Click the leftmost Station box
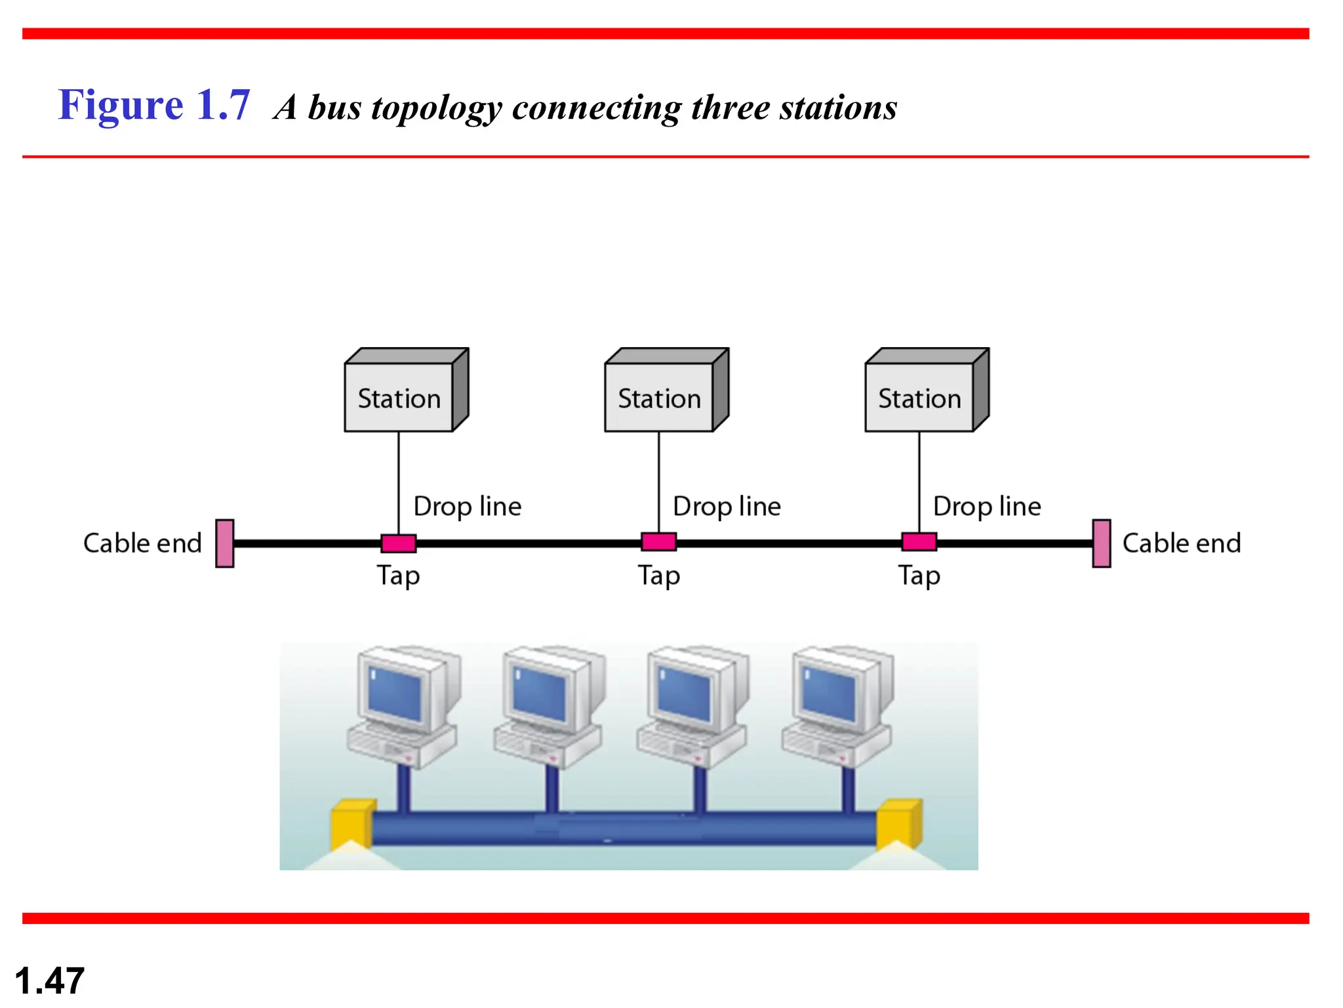pos(399,397)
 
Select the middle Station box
pos(660,397)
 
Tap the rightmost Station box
pos(919,397)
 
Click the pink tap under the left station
pos(399,543)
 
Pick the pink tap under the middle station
pos(658,542)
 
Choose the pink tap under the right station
pos(919,542)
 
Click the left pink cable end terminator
pos(225,543)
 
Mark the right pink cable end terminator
pos(1102,543)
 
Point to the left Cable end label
pos(142,543)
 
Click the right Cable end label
pos(1182,543)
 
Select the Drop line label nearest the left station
pos(467,507)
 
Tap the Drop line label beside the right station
pos(987,507)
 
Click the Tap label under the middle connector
pos(659,576)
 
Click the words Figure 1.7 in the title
pos(154,105)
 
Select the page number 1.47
pos(49,981)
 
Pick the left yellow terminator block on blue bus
pos(352,824)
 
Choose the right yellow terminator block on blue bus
pos(900,824)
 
